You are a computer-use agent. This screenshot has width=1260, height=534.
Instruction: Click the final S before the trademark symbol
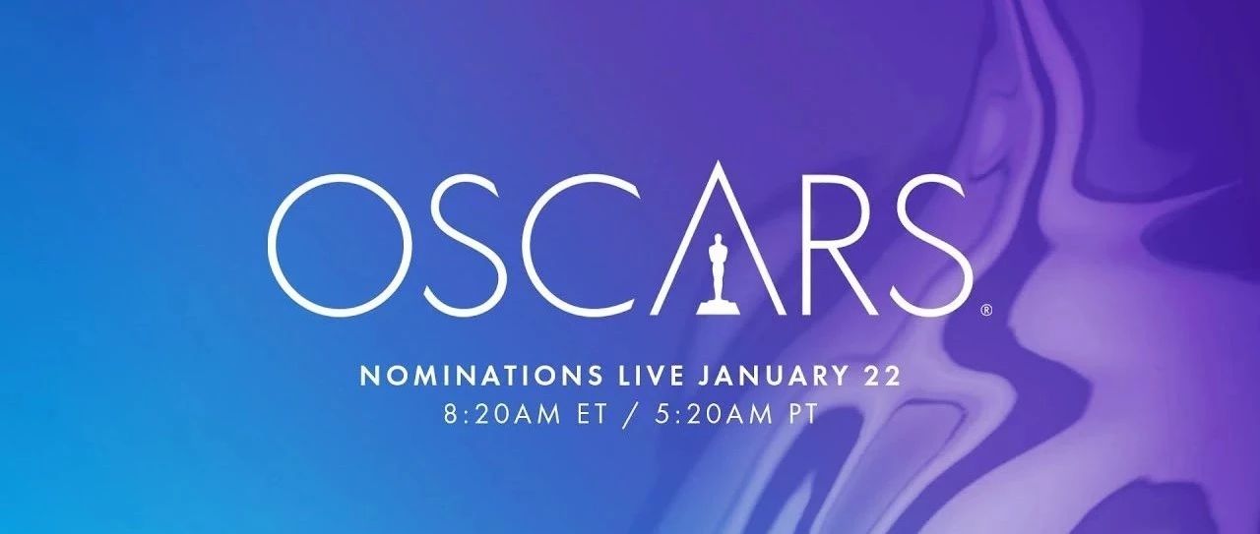931,246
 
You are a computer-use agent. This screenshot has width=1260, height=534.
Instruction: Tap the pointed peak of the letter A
718,162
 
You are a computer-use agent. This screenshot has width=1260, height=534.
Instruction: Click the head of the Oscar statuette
716,239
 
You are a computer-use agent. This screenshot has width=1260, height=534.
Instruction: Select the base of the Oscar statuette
717,307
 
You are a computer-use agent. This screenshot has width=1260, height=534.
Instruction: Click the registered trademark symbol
986,310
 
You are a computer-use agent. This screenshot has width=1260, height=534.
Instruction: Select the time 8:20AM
502,415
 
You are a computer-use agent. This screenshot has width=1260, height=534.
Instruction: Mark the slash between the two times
632,415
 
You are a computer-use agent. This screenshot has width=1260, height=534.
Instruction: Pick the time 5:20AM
715,415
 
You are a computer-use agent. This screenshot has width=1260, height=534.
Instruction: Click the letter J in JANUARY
704,376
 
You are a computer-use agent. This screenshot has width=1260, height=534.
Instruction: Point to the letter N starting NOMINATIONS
369,376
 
